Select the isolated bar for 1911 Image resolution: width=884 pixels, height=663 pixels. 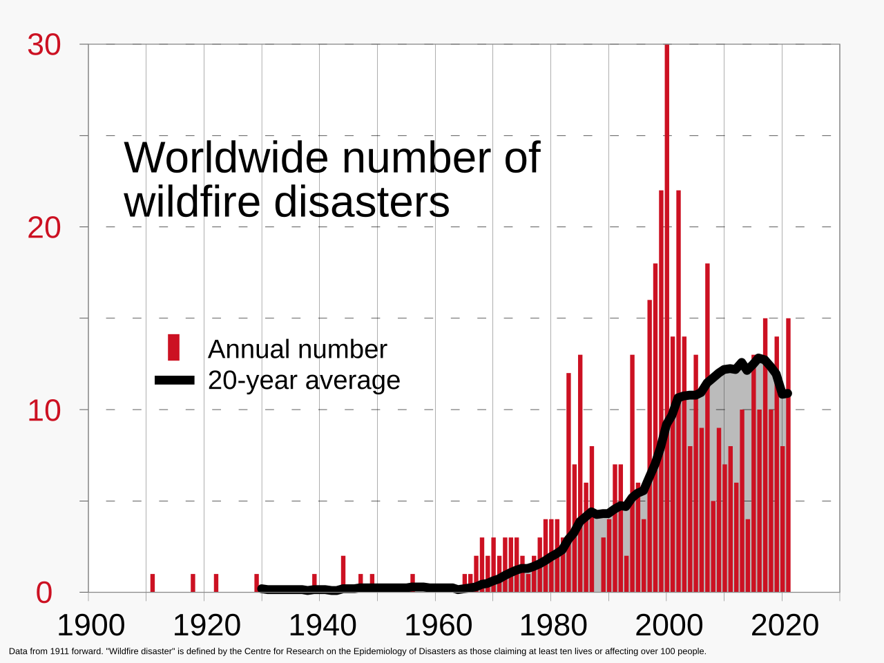coord(152,583)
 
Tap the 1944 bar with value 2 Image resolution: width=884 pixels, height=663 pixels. coord(343,573)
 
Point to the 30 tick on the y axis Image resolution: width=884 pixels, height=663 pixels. coord(44,46)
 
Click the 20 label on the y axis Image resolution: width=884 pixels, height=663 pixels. coord(44,228)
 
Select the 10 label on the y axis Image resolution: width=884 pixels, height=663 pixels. coord(44,411)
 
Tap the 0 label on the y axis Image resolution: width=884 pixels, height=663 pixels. coord(44,593)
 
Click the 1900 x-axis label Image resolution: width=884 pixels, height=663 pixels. coord(90,626)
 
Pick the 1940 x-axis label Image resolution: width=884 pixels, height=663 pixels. coord(322,626)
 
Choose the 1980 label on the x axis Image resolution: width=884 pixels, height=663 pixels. coord(552,626)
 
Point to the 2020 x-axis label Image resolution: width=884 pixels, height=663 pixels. coord(785,626)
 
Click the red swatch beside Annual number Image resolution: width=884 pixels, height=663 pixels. coord(173,347)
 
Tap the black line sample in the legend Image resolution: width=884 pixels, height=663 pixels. coord(175,380)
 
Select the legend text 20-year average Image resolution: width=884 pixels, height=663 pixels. coord(304,381)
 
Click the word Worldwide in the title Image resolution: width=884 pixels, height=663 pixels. coord(227,157)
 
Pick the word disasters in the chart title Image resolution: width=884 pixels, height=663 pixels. coord(361,202)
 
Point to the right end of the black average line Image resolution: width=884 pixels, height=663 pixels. coord(787,393)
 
